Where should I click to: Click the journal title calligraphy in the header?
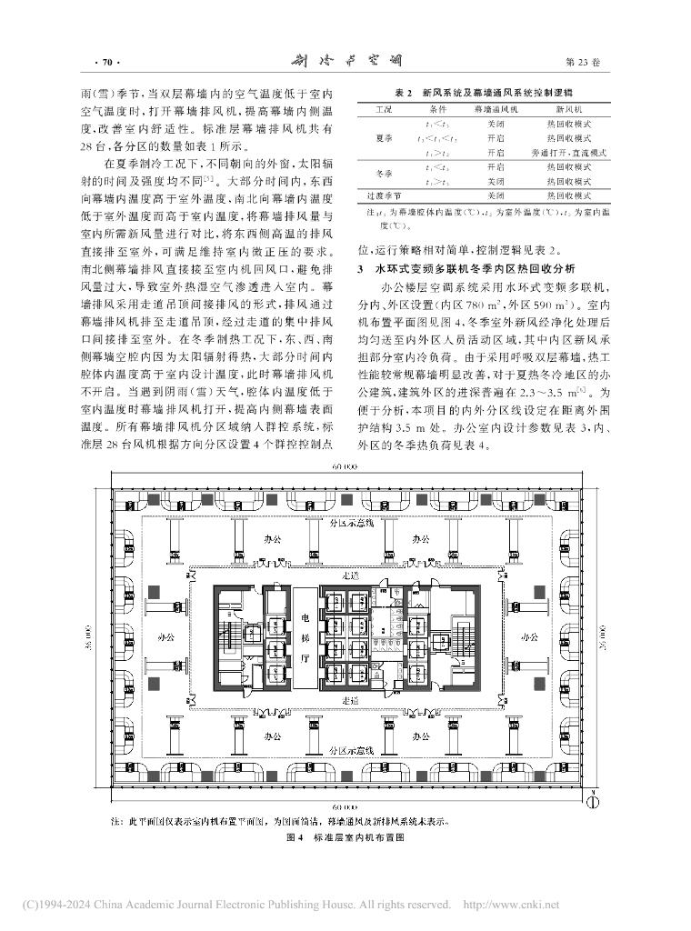coord(345,61)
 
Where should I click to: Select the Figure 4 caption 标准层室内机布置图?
coord(345,841)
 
